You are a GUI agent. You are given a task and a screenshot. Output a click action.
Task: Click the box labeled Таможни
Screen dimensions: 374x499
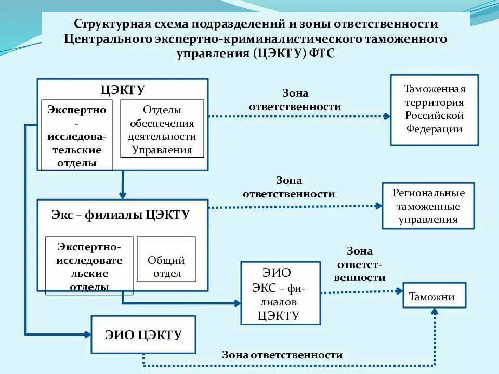point(435,296)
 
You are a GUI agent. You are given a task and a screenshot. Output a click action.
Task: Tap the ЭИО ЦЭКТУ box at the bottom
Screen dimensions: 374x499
point(143,335)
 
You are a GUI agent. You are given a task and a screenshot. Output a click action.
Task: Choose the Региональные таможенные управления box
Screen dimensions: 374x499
point(428,206)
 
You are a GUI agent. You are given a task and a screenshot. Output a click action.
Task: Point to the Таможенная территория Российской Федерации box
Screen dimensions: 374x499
point(434,110)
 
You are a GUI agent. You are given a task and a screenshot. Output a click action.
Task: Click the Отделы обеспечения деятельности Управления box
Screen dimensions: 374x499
point(162,129)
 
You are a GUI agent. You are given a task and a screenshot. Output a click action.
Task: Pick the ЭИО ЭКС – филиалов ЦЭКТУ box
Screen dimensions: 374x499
point(280,293)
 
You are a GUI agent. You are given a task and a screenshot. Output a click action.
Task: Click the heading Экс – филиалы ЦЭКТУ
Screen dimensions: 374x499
point(121,215)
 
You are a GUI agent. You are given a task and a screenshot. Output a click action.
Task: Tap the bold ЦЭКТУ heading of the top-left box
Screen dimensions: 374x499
point(123,89)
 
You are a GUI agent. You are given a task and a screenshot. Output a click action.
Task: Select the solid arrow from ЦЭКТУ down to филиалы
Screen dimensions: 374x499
point(123,184)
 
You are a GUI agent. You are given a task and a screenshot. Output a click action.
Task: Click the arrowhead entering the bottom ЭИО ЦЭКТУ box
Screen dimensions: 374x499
point(87,333)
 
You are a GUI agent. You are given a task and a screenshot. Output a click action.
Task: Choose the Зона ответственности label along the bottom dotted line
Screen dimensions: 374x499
point(282,355)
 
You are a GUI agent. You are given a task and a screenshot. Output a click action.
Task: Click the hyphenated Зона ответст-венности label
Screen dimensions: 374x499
point(360,264)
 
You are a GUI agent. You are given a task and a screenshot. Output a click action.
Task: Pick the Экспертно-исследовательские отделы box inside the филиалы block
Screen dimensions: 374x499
point(89,266)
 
